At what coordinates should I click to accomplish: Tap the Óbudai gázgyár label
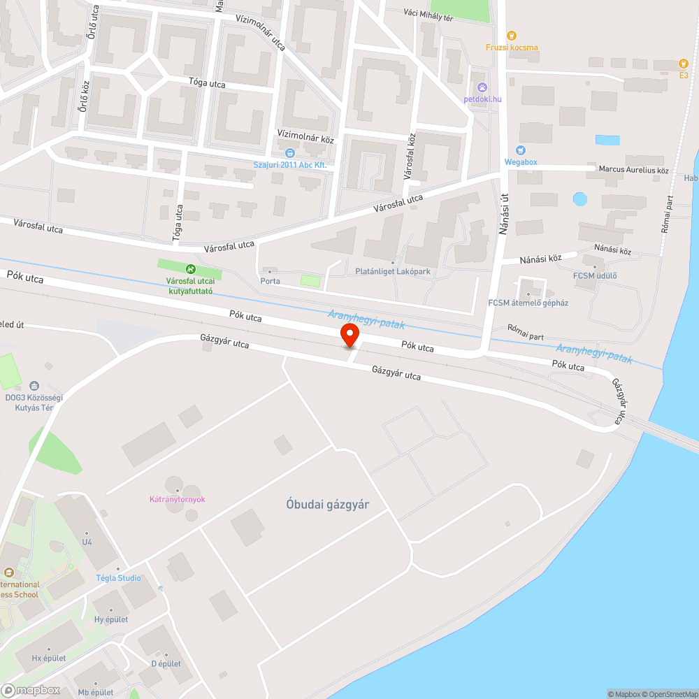pyautogui.click(x=327, y=505)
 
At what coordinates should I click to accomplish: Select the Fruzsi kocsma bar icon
pyautogui.click(x=512, y=35)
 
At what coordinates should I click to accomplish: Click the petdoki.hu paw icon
pyautogui.click(x=482, y=87)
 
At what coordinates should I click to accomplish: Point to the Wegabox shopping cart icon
pyautogui.click(x=520, y=150)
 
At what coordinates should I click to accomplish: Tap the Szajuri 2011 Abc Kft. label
pyautogui.click(x=290, y=164)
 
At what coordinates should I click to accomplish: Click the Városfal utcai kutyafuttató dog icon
pyautogui.click(x=189, y=268)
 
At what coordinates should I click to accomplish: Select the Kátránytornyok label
pyautogui.click(x=177, y=499)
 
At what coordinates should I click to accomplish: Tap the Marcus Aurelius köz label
pyautogui.click(x=633, y=169)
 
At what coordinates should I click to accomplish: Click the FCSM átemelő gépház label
pyautogui.click(x=528, y=303)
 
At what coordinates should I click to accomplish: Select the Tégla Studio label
pyautogui.click(x=118, y=578)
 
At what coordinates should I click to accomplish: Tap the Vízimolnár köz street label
pyautogui.click(x=305, y=138)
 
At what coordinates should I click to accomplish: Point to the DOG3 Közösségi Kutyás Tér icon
pyautogui.click(x=34, y=385)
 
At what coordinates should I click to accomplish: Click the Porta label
pyautogui.click(x=270, y=281)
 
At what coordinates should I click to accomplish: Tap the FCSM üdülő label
pyautogui.click(x=595, y=275)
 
